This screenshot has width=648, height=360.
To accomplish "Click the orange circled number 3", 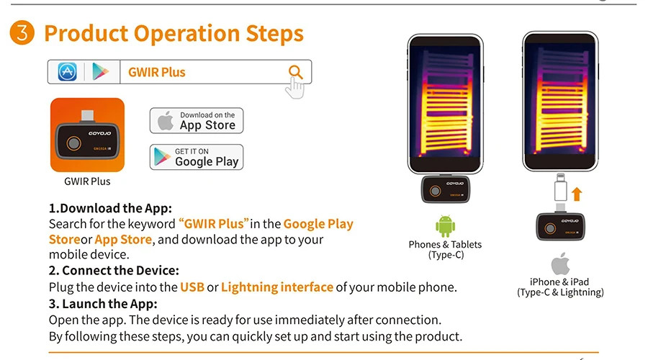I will click(22, 33).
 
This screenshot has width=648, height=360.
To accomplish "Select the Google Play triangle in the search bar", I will click(100, 71).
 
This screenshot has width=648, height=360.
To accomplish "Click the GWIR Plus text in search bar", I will click(156, 72).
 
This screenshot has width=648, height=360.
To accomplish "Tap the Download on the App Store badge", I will click(196, 121).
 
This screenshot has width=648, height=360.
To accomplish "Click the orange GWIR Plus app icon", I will click(87, 135).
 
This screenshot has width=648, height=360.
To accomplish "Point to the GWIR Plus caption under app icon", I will click(87, 181).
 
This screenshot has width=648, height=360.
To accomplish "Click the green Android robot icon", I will click(445, 226).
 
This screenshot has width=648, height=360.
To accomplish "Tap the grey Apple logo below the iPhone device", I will click(560, 264).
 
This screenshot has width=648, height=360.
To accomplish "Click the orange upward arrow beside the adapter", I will click(576, 193).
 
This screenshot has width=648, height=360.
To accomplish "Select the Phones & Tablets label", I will click(445, 245).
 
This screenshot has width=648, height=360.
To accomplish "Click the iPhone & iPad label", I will click(560, 282).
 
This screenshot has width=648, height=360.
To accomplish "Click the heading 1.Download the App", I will click(110, 209).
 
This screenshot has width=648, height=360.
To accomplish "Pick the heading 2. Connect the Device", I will click(113, 271).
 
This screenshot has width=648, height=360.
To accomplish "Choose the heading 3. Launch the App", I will click(102, 304).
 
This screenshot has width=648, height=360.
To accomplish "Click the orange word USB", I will click(192, 287).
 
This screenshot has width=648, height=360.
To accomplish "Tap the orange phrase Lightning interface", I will click(276, 287).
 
